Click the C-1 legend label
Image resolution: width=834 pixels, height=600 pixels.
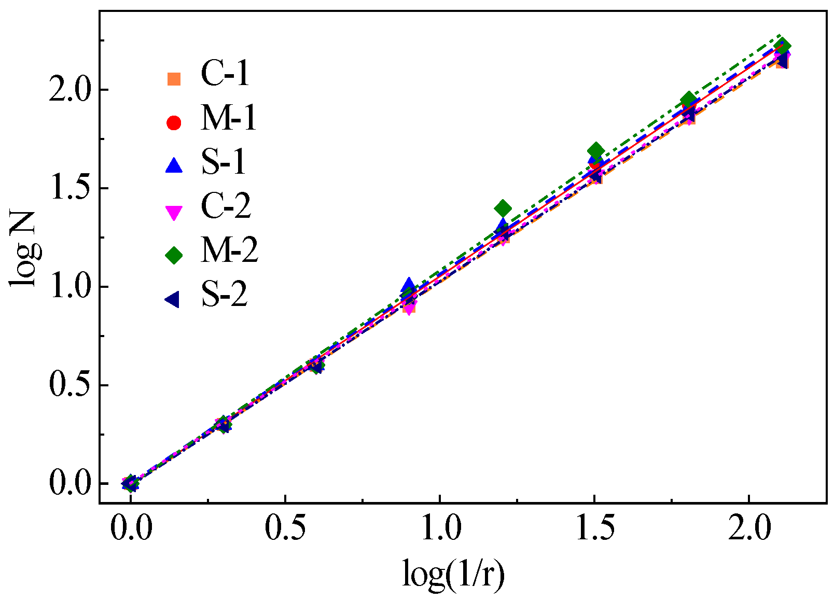pos(225,74)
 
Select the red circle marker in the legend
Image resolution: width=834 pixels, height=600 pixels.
pos(174,123)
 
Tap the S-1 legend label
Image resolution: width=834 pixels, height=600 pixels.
pos(224,162)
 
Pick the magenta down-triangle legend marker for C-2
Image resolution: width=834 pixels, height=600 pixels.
pos(174,212)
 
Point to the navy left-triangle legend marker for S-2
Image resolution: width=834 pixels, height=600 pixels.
pos(173,299)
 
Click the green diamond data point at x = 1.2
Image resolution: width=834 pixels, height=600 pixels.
pos(502,208)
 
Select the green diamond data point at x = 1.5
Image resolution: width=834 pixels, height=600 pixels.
pos(596,151)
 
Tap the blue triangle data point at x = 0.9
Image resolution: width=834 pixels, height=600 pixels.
pos(409,285)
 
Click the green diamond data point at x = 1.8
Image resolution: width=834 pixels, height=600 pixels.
pos(688,100)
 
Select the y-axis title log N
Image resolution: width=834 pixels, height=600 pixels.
pos(23,249)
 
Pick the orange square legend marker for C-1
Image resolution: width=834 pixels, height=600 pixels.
pos(174,79)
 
